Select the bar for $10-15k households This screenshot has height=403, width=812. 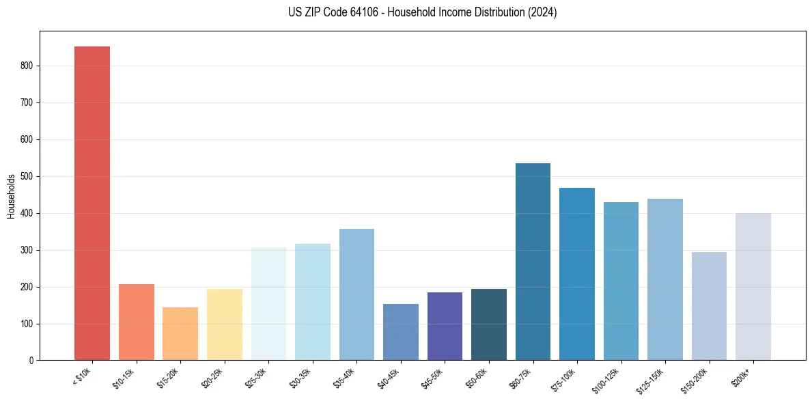coord(136,322)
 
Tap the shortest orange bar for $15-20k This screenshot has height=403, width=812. coord(180,333)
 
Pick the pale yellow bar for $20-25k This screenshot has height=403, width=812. coord(224,324)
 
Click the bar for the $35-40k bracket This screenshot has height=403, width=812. coord(356,294)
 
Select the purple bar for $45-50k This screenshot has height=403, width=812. coord(445,326)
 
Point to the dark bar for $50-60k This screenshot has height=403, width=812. coord(489,324)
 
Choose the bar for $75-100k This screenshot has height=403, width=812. coord(577,274)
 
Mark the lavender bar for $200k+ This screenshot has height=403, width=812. coord(753,287)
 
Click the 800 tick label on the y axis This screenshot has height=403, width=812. coord(27,66)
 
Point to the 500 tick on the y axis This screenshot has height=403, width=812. coord(27,176)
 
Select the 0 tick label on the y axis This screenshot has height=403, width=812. coord(31,361)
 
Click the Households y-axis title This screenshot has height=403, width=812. coord(11,196)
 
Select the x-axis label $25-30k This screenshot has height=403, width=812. coord(255,378)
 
